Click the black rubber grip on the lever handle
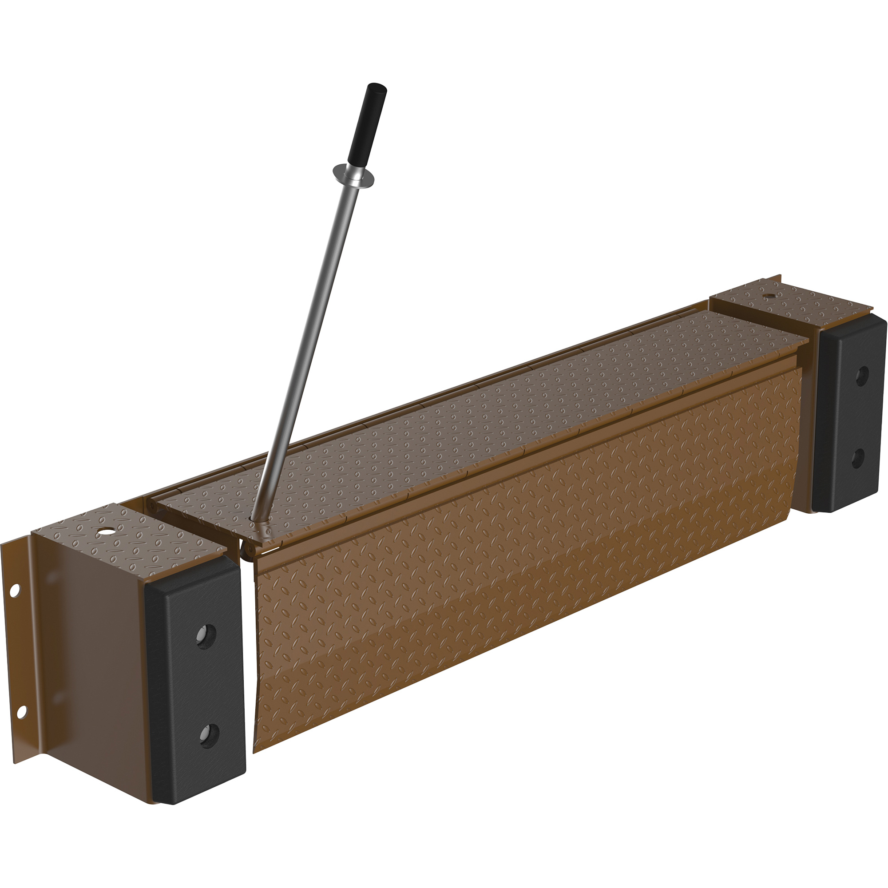(x=367, y=124)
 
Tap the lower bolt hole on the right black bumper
(x=856, y=457)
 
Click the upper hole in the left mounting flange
(x=14, y=590)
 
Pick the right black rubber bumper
(x=848, y=414)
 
